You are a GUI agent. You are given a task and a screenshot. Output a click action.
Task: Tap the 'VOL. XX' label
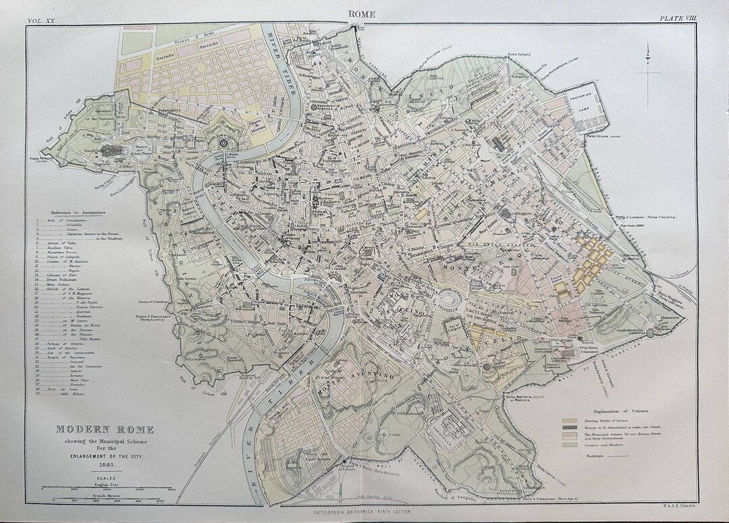click(42, 22)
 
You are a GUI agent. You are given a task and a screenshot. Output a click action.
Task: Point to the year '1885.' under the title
click(104, 464)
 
